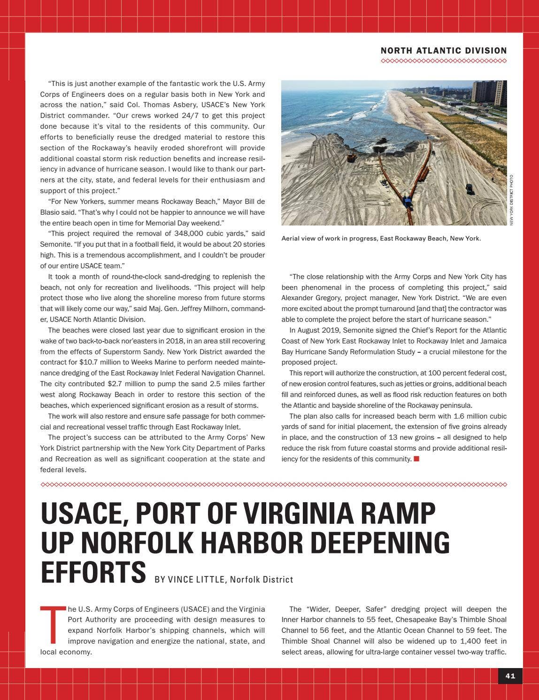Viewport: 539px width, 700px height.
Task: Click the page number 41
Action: point(510,676)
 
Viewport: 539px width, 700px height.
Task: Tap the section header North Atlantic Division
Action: point(443,51)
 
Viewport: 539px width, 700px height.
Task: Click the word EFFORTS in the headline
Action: point(93,571)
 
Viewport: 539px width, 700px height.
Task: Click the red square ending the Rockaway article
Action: point(416,459)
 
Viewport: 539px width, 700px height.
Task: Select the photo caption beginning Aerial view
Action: point(381,239)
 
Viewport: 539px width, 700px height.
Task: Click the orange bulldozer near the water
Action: point(351,157)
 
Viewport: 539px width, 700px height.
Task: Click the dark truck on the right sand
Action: point(469,188)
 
